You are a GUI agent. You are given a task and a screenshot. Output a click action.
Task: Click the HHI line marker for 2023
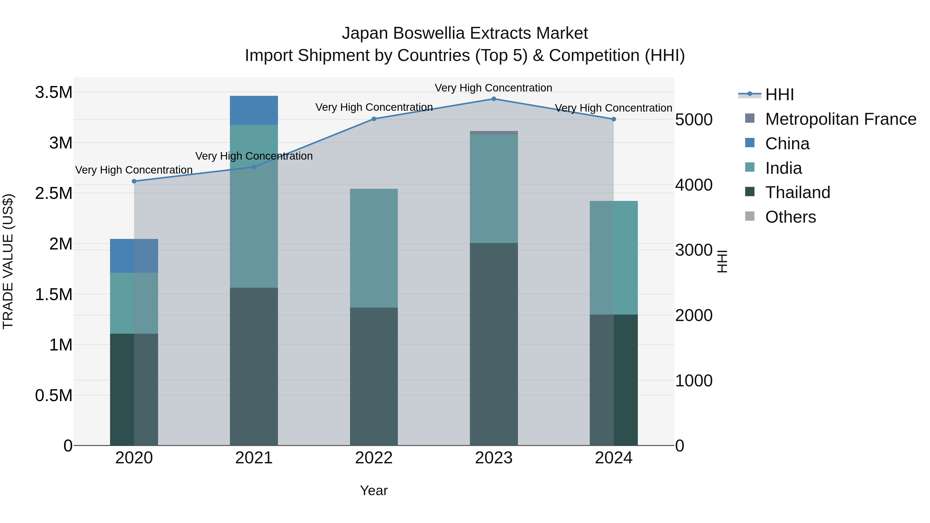pos(493,99)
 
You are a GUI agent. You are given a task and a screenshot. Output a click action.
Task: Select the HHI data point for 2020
pos(134,181)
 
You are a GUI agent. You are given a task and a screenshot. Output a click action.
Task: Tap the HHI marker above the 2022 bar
pos(374,119)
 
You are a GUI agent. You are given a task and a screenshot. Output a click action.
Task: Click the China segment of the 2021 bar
pos(254,110)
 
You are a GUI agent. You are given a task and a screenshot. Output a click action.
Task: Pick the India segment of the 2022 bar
pos(374,248)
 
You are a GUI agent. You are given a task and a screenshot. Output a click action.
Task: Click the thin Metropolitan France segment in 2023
pos(493,132)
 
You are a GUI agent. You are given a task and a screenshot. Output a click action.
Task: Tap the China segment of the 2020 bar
pos(134,255)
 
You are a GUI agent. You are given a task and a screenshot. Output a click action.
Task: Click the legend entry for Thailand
pos(797,192)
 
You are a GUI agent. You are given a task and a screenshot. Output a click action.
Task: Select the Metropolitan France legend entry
pos(840,119)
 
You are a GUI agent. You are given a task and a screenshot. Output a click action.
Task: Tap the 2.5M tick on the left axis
pos(53,193)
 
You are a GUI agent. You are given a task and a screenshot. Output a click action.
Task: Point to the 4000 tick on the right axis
pos(694,185)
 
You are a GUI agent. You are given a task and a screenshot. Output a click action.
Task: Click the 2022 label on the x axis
pos(374,458)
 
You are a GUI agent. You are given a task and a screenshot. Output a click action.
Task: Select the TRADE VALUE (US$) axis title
pos(8,261)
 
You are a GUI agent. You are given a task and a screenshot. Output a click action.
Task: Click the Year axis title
pos(374,490)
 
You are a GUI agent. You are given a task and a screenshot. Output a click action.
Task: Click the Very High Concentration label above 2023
pos(493,88)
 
